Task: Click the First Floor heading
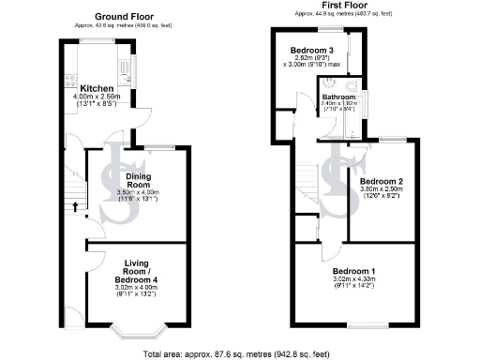pyautogui.click(x=343, y=7)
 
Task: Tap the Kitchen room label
pyautogui.click(x=97, y=88)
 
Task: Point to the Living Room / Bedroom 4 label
pyautogui.click(x=135, y=271)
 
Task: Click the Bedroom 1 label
pyautogui.click(x=353, y=269)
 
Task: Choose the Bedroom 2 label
pyautogui.click(x=382, y=181)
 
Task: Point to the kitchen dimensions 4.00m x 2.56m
pyautogui.click(x=98, y=97)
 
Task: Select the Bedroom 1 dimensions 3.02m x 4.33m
pyautogui.click(x=353, y=278)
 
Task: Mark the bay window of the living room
pyautogui.click(x=137, y=329)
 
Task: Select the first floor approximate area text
pyautogui.click(x=343, y=14)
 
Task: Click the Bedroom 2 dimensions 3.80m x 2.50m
pyautogui.click(x=382, y=190)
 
